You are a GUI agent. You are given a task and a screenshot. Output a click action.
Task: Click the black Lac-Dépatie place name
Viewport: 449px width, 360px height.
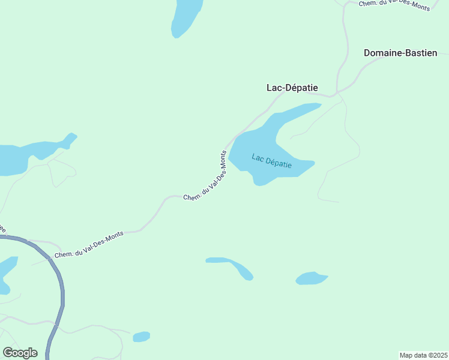(292, 88)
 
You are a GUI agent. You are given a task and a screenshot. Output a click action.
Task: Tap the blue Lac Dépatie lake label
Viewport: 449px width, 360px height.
(271, 161)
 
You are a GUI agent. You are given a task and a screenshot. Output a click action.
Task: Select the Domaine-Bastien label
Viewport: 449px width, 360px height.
(400, 53)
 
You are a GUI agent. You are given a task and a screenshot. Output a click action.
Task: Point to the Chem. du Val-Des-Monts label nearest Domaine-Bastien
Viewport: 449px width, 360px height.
(394, 5)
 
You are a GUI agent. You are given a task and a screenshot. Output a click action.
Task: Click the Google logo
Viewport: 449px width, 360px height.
(20, 353)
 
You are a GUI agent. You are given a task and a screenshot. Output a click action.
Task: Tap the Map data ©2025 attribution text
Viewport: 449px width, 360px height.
(423, 355)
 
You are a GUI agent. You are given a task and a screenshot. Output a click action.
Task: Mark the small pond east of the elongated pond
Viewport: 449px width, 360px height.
(311, 278)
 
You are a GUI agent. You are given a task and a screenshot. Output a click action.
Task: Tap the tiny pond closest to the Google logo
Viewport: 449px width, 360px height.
(141, 337)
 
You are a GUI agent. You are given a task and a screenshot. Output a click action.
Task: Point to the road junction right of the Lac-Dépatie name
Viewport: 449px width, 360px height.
(337, 93)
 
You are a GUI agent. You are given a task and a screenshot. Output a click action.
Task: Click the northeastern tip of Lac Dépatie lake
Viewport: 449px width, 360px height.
(312, 106)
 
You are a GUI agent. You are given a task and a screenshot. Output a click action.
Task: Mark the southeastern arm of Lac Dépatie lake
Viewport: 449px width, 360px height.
(300, 167)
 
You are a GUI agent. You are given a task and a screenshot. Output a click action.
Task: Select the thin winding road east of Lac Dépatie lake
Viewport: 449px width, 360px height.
(351, 141)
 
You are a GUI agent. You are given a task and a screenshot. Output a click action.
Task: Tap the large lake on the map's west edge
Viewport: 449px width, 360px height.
(15, 158)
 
